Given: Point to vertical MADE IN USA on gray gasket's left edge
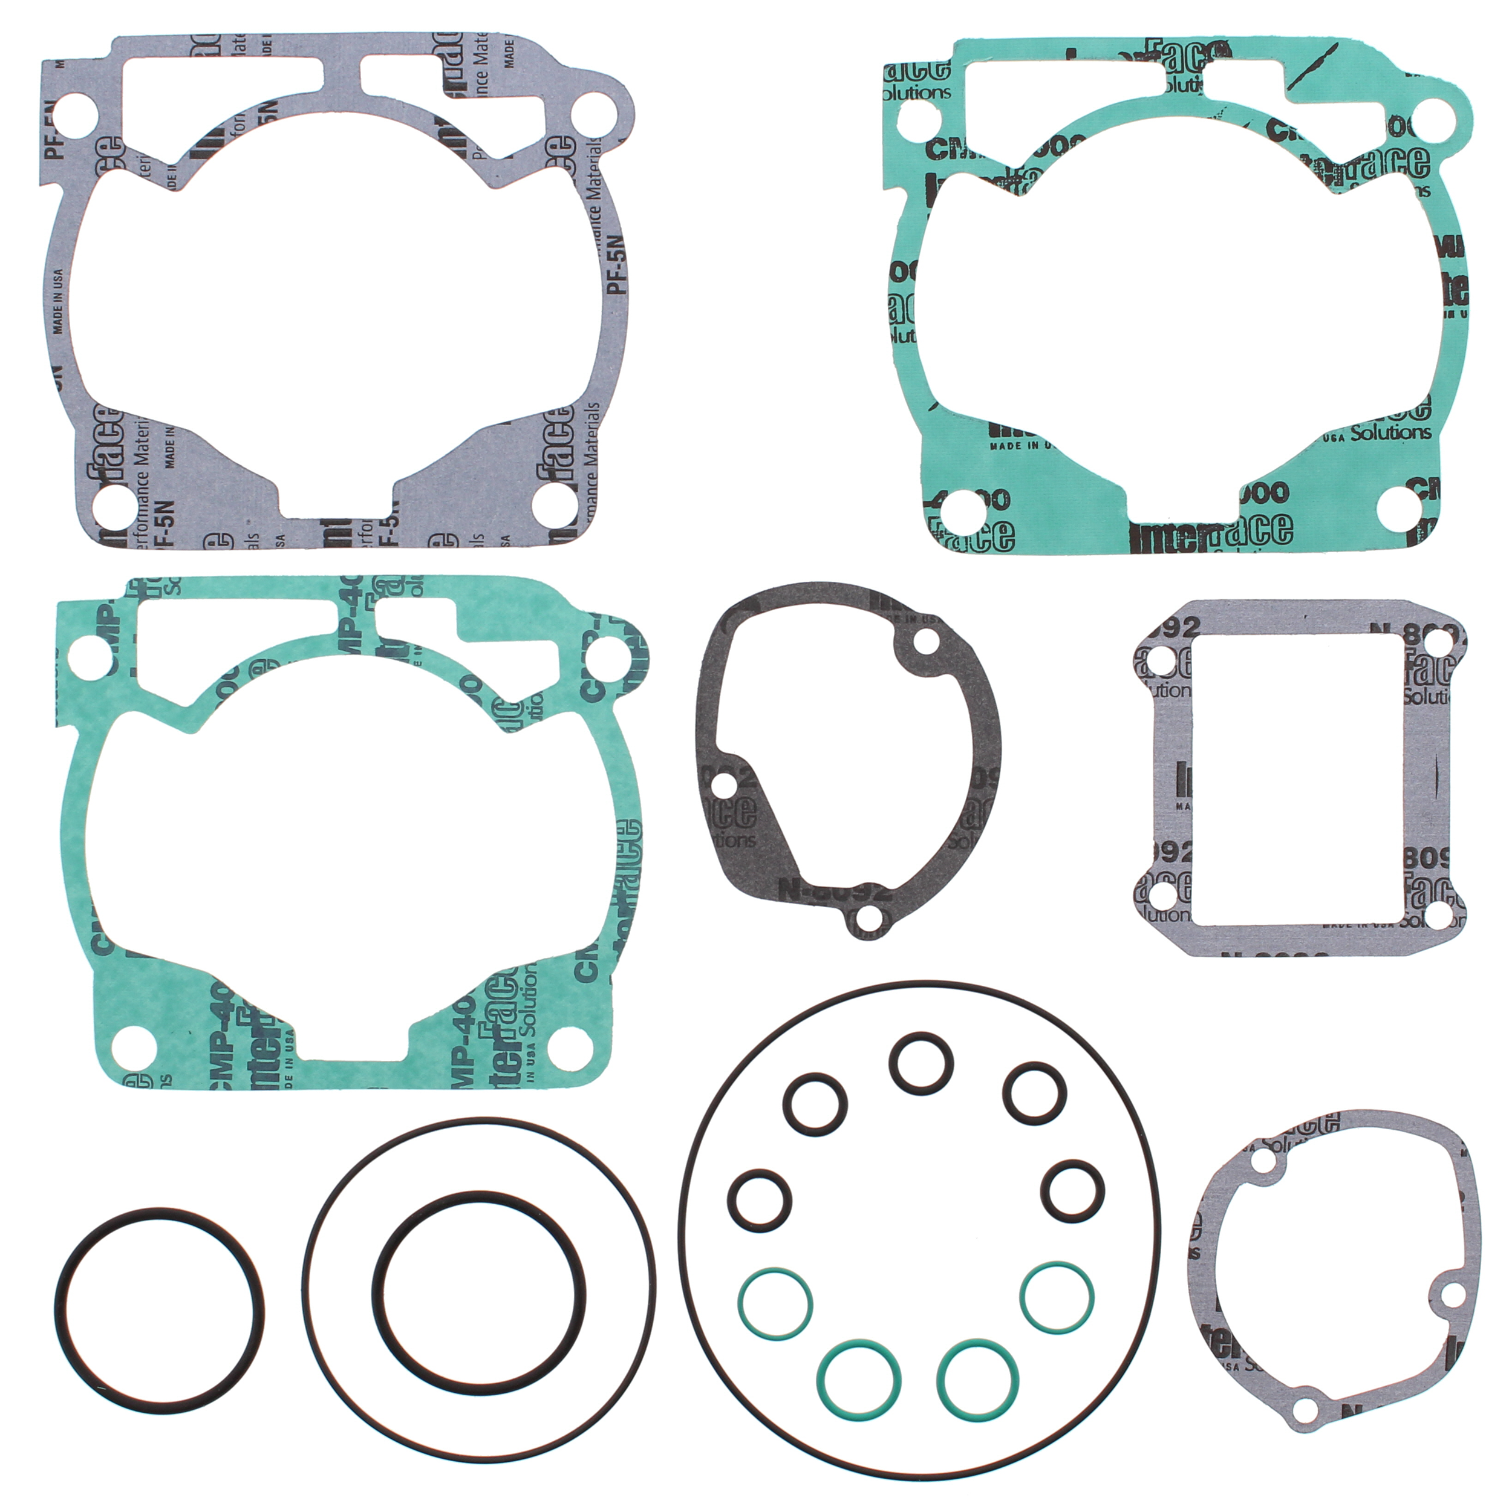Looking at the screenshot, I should click(59, 301).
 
